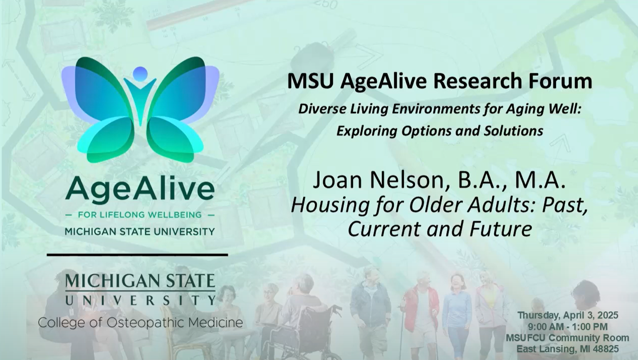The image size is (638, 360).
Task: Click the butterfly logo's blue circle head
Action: [x=140, y=74]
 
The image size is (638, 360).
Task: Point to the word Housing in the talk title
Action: [x=330, y=205]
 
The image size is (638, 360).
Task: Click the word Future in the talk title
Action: [x=500, y=229]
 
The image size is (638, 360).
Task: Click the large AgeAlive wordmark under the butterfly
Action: [x=140, y=189]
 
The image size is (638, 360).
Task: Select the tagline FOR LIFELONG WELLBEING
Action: [x=140, y=215]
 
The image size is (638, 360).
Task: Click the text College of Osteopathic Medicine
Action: [x=141, y=323]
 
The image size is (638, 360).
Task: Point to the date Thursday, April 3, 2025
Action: [x=568, y=316]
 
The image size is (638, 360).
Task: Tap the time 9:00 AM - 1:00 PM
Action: [x=568, y=326]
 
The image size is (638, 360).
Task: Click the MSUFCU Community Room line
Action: [x=568, y=338]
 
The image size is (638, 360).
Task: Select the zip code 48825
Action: [x=604, y=349]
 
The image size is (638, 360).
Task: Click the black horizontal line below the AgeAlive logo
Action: [x=137, y=255]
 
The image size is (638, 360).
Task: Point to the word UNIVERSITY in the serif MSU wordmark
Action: [x=141, y=300]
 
